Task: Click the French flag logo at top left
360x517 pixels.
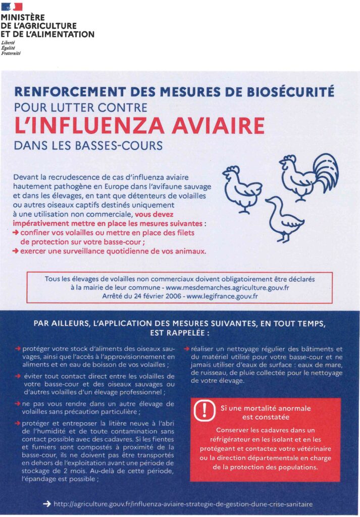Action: (x=11, y=6)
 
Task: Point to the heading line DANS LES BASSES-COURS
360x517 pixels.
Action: (x=88, y=145)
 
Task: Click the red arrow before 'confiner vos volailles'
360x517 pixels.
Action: (x=16, y=233)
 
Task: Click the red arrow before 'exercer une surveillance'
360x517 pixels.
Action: (x=16, y=251)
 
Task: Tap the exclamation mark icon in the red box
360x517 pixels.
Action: (x=204, y=409)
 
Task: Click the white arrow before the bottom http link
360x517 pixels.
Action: (x=47, y=504)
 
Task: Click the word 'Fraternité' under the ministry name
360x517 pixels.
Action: (x=11, y=53)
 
